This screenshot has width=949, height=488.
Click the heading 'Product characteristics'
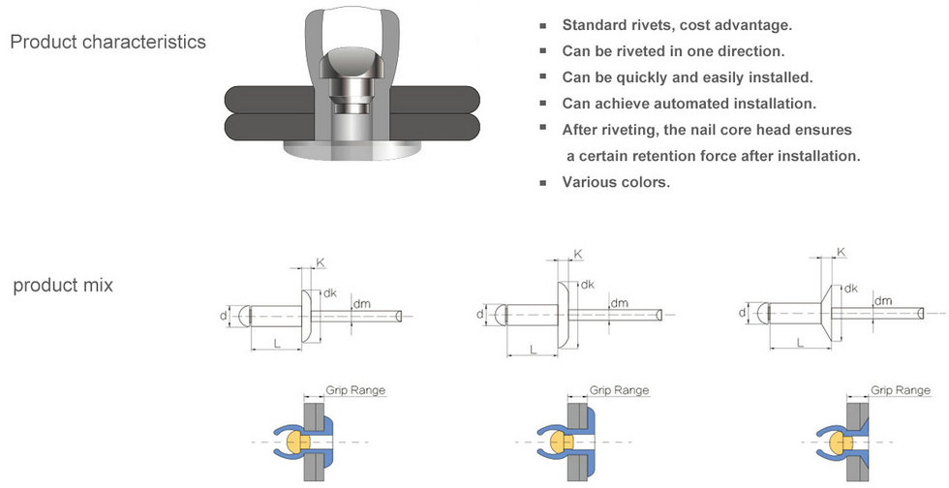[108, 42]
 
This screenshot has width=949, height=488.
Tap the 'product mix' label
[63, 286]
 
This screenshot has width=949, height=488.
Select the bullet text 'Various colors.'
[616, 182]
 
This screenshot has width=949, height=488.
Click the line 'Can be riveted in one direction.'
[673, 51]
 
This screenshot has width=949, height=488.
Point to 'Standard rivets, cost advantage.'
[677, 25]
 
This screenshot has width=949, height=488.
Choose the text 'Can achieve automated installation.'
[689, 104]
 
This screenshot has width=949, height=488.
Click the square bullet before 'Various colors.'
[543, 183]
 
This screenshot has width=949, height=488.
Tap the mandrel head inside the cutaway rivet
[351, 71]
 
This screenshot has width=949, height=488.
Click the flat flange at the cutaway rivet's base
[351, 149]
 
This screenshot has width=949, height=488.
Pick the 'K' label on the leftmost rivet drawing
[321, 262]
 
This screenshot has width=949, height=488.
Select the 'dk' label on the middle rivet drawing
[587, 285]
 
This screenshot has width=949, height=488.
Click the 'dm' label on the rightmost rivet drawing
[883, 300]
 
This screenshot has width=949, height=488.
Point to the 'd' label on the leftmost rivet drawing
[224, 316]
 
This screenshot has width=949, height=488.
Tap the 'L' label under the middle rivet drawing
[534, 350]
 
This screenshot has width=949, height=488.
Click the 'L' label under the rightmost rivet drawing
[800, 344]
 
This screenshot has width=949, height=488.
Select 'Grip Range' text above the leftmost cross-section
[355, 390]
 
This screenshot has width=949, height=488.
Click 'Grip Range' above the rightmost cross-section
[900, 390]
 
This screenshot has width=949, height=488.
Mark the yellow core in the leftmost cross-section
[298, 442]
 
